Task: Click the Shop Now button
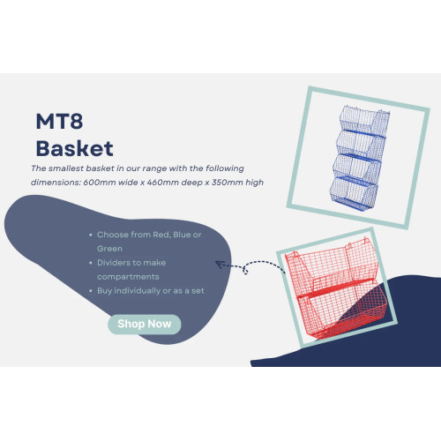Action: [x=145, y=325]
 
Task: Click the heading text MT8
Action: [x=59, y=121]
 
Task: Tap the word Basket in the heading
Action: [x=74, y=148]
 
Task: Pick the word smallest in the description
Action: [x=65, y=168]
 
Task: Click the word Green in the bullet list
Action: [x=109, y=249]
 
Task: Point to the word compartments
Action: [x=128, y=277]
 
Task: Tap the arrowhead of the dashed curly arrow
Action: [x=219, y=264]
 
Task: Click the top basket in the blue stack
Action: [x=365, y=119]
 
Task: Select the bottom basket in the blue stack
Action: [x=354, y=194]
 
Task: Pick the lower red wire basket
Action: [x=342, y=311]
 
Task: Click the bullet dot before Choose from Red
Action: [x=91, y=235]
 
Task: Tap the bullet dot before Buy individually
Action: [x=91, y=291]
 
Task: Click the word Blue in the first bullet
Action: [x=182, y=235]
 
